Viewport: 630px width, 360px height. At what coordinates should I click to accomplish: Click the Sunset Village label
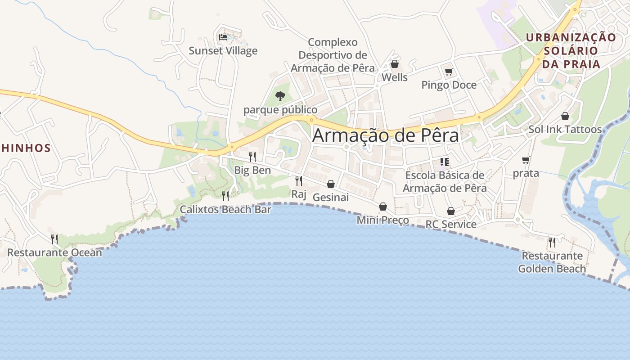coord(223,50)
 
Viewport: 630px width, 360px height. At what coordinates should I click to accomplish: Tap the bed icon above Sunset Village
coord(223,37)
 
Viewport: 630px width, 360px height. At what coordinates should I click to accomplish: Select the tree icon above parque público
coord(280,96)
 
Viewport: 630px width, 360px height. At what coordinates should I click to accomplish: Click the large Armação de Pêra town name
coord(386,135)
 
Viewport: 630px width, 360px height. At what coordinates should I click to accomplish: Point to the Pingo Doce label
coord(449,85)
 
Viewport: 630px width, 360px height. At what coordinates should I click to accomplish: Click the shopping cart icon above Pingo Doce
coord(449,72)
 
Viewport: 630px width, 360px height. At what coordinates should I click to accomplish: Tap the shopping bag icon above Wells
coord(395,64)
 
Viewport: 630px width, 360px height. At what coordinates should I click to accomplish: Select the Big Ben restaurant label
coord(252,170)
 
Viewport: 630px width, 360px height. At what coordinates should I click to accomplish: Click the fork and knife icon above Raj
coord(298,180)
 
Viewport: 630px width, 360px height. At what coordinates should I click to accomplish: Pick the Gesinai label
coord(331,197)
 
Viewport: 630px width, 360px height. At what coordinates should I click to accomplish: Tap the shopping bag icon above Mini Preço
coord(383,207)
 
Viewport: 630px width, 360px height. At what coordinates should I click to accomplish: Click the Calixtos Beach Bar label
coord(225,209)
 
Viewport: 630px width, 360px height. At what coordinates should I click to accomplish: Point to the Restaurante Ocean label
coord(54,252)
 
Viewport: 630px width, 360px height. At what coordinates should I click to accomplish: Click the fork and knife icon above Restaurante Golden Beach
coord(552,242)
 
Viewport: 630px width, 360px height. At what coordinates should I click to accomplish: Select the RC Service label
coord(451,224)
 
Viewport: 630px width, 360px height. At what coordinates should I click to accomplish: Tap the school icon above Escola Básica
coord(445,162)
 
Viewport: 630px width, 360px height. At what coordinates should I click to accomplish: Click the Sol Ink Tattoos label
coord(565,130)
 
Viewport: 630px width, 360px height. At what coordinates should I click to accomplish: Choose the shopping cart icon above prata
coord(526,160)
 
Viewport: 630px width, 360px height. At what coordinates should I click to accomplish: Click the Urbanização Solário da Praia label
coord(571,50)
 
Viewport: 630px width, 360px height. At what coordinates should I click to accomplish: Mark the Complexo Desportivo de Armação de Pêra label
coord(333,55)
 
